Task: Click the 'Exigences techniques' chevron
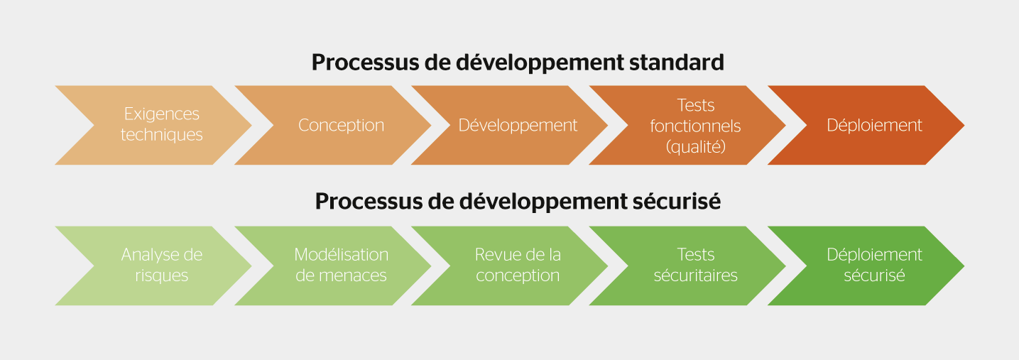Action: (161, 125)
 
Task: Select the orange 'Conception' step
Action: (341, 125)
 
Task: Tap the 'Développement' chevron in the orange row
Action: (518, 125)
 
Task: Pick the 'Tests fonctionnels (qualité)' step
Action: (695, 125)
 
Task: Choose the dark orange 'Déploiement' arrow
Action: (874, 125)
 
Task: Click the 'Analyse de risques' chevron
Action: (161, 266)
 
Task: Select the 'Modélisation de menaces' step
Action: (341, 266)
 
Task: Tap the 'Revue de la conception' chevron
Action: (518, 266)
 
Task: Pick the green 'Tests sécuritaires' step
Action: (695, 266)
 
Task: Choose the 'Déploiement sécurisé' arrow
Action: (874, 266)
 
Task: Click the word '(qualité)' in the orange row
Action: (695, 147)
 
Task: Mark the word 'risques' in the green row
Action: (161, 276)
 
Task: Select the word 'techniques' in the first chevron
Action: (161, 135)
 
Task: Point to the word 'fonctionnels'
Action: (695, 126)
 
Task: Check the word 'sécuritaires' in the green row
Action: (695, 276)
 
